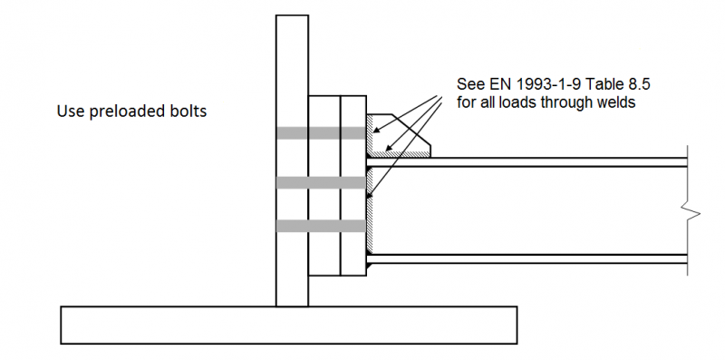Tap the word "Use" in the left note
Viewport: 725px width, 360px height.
click(72, 112)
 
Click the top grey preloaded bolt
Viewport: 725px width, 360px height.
click(322, 133)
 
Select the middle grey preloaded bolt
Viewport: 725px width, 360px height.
click(322, 183)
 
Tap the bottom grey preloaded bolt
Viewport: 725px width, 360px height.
click(322, 226)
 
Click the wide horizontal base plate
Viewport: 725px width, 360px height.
click(288, 325)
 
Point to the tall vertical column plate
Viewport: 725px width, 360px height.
click(292, 161)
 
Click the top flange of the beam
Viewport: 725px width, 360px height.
click(527, 162)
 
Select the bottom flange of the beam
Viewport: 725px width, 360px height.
click(527, 259)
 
